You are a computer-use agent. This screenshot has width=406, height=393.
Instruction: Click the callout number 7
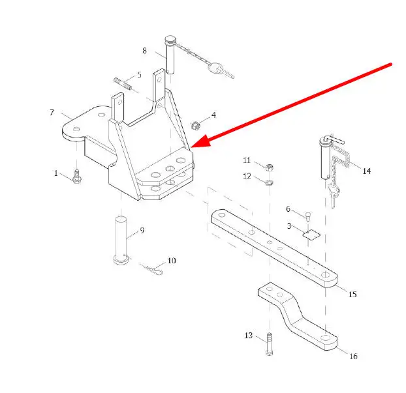pyautogui.click(x=52, y=113)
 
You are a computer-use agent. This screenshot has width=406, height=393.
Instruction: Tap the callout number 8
pyautogui.click(x=145, y=50)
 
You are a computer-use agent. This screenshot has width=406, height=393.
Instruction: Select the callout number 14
pyautogui.click(x=366, y=171)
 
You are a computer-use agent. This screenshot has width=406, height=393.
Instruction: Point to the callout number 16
pyautogui.click(x=353, y=356)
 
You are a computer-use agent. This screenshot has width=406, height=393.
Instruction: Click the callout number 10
pyautogui.click(x=172, y=260)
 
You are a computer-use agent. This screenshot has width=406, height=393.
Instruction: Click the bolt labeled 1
pyautogui.click(x=76, y=177)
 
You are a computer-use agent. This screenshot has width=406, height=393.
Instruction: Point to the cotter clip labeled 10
pyautogui.click(x=154, y=268)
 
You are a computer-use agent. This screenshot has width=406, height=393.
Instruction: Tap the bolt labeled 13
pyautogui.click(x=269, y=343)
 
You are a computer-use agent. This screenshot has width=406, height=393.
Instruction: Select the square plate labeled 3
pyautogui.click(x=311, y=235)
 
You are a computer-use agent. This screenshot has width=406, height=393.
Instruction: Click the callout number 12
pyautogui.click(x=247, y=176)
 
